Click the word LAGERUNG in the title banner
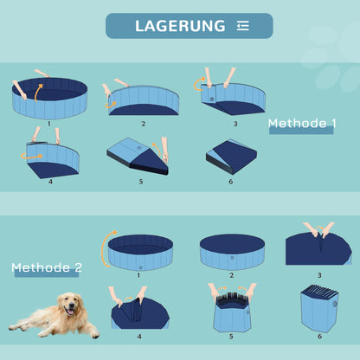pos(179,26)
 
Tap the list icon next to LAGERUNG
pos(242,26)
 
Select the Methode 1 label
pos(302,123)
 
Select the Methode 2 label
pos(46,267)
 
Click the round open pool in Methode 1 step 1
pos(50,98)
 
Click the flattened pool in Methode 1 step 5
pos(139,159)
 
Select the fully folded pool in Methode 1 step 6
pos(230,157)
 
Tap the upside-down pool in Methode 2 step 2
pos(231,251)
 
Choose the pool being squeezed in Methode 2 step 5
pos(231,312)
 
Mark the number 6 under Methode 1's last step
pos(230,181)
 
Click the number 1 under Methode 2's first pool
pos(138,275)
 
